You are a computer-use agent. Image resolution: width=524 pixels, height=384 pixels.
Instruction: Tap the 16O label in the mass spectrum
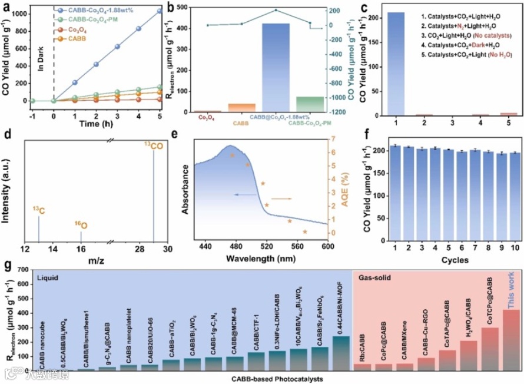tap(81, 225)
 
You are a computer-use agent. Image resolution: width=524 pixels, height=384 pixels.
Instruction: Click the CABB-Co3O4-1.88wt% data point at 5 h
tap(160, 11)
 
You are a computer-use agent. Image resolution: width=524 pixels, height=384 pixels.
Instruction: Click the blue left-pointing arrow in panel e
tap(241, 194)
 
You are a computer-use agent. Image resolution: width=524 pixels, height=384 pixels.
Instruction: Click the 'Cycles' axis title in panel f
tap(453, 258)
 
